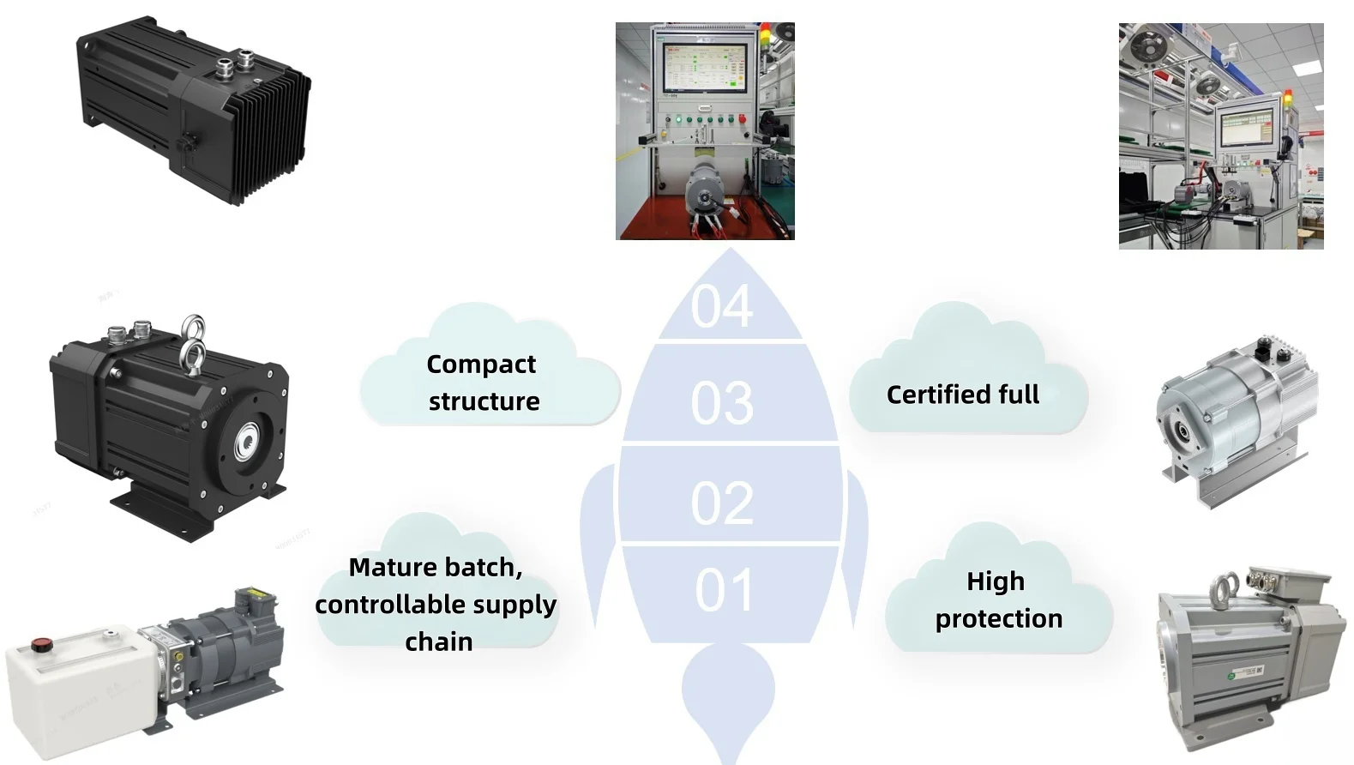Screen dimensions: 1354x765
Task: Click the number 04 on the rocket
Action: (722, 306)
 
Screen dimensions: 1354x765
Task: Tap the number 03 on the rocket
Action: (722, 403)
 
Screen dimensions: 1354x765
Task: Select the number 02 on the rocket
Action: (722, 503)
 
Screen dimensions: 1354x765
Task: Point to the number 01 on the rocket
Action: (724, 590)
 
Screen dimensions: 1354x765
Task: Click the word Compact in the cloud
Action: (481, 364)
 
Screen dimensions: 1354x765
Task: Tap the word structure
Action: (484, 401)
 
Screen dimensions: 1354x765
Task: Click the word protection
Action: (999, 619)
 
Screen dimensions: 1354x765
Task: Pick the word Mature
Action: (393, 567)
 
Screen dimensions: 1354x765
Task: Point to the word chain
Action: (439, 642)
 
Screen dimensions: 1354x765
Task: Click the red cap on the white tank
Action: (42, 644)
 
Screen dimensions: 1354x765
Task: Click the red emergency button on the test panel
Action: (743, 118)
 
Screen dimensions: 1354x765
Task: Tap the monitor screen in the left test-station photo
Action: (705, 67)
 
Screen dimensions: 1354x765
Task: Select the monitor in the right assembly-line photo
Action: (1247, 129)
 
